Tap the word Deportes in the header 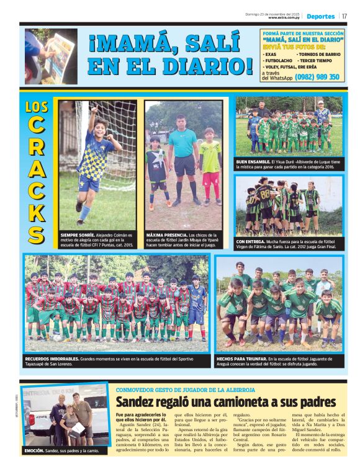pyautogui.click(x=320, y=17)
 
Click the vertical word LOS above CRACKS pyautogui.click(x=37, y=107)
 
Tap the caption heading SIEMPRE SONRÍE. pyautogui.click(x=78, y=236)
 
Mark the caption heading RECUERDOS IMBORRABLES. pyautogui.click(x=52, y=359)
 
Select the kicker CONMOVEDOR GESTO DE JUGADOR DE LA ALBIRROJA pyautogui.click(x=185, y=390)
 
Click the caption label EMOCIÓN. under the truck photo pyautogui.click(x=35, y=450)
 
